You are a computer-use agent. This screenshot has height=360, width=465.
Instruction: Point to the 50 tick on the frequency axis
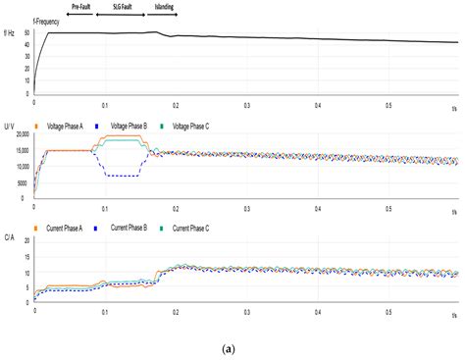[x=26, y=33]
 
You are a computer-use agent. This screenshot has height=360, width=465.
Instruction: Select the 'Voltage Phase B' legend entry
[x=132, y=125]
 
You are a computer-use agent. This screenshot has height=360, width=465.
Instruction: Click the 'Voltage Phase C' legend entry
[x=202, y=125]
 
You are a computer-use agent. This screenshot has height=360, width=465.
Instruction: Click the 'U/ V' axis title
[x=9, y=125]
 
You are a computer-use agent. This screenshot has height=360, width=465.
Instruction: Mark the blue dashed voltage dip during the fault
[x=125, y=176]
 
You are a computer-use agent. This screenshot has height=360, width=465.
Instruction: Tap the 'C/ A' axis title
[x=9, y=236]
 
